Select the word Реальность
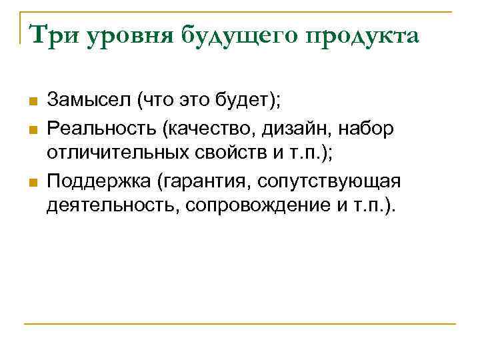tap(97, 127)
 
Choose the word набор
tap(371, 127)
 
